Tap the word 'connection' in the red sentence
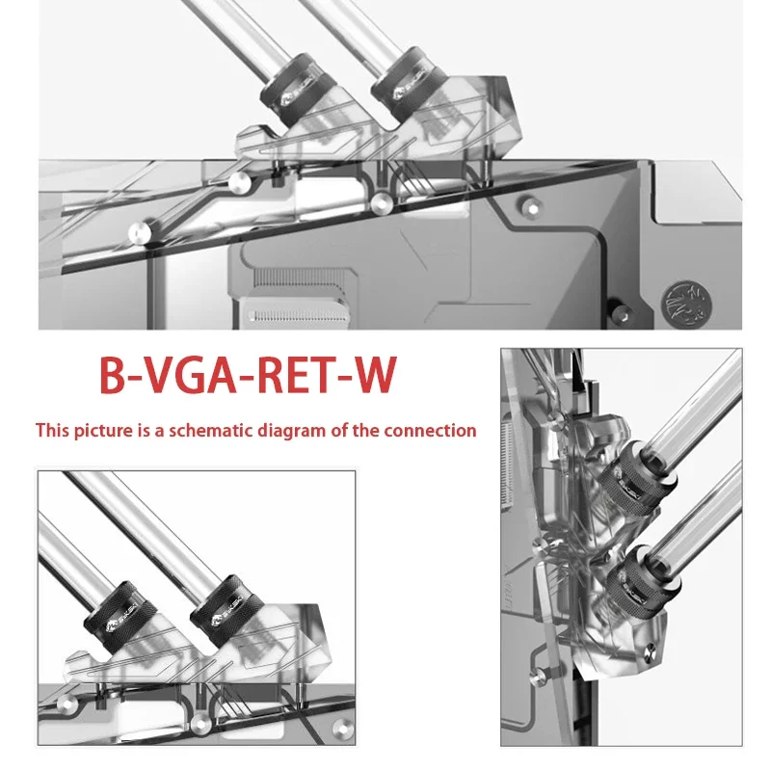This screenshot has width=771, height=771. pyautogui.click(x=430, y=431)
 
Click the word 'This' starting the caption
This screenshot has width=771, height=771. pyautogui.click(x=54, y=431)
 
